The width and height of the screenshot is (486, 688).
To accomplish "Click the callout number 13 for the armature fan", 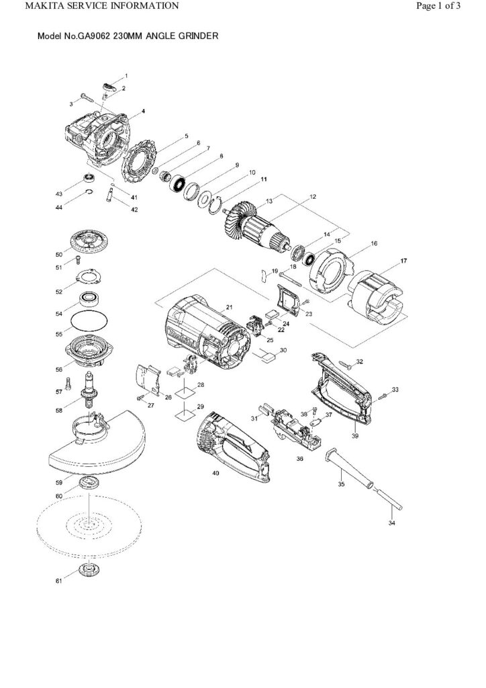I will coord(269,202).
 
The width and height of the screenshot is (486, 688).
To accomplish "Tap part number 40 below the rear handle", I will coord(215,473).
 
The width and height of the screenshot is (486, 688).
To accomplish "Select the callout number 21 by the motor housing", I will coord(229,307).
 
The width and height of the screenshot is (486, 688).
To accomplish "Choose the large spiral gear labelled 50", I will coord(89,240).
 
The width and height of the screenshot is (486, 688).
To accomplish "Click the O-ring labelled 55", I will coord(89,314).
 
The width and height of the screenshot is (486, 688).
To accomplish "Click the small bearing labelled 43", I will coord(87,178).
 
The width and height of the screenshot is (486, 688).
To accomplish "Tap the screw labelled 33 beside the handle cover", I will coord(383,397).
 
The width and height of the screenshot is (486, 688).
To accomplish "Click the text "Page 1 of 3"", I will coord(437,6).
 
